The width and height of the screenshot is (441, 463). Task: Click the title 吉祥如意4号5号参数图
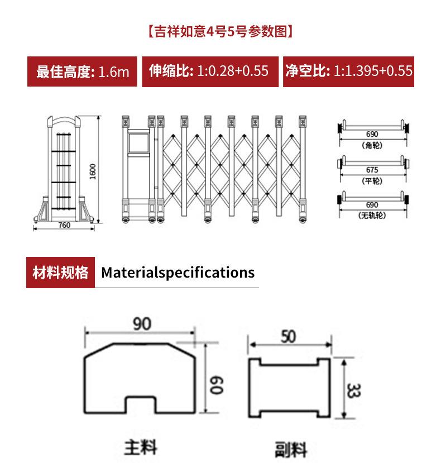click(x=220, y=32)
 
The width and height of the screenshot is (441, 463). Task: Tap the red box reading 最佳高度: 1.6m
click(x=83, y=71)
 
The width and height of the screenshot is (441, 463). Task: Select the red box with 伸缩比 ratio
click(x=209, y=71)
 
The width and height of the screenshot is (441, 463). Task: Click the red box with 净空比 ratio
click(x=348, y=71)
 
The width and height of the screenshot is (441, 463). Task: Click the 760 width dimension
click(x=64, y=225)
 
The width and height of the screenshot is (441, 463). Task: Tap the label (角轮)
click(x=372, y=145)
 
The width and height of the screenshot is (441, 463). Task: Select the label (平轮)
click(x=372, y=181)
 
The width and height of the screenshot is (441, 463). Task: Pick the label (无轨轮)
click(x=372, y=216)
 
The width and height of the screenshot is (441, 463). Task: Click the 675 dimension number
click(x=372, y=170)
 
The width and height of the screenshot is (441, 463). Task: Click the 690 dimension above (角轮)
click(x=372, y=135)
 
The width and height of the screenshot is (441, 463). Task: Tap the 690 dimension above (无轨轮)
click(x=372, y=205)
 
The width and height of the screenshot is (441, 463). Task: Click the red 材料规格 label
click(x=60, y=273)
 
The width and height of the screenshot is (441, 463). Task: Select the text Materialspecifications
click(x=178, y=273)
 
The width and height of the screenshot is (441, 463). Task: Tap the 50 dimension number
click(x=289, y=337)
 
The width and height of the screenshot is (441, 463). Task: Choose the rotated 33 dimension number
click(x=353, y=390)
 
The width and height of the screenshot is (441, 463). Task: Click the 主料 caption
click(x=140, y=447)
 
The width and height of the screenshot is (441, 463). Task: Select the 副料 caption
click(x=291, y=448)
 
